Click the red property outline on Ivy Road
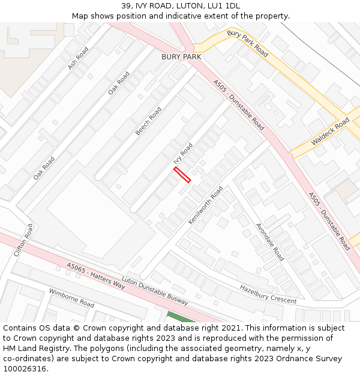[x=182, y=175]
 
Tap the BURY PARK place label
[x=181, y=56]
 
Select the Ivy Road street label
[x=183, y=153]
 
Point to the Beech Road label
[x=148, y=121]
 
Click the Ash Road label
[x=78, y=58]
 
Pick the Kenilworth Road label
[x=206, y=205]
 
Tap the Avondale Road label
[x=270, y=242]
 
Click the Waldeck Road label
[x=330, y=132]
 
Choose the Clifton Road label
[x=23, y=240]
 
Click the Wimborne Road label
[x=71, y=298]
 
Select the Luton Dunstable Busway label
[x=155, y=291]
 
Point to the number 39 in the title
[x=126, y=6]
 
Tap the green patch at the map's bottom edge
[x=181, y=317]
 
